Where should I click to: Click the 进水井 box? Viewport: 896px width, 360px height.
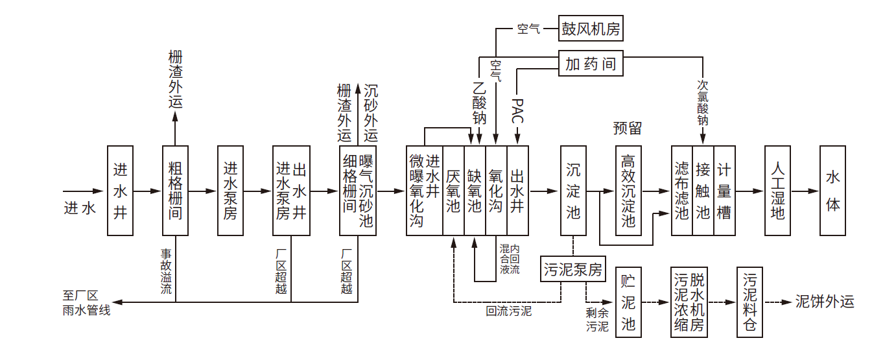(120, 191)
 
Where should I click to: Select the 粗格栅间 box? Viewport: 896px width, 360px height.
(175, 191)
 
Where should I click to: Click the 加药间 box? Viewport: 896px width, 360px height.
(591, 64)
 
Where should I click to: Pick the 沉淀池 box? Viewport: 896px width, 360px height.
(573, 191)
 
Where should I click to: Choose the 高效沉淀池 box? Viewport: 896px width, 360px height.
(628, 191)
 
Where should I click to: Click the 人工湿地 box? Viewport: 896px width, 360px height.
(777, 191)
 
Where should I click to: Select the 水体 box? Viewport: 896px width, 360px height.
(832, 191)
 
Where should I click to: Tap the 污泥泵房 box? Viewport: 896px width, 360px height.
(572, 269)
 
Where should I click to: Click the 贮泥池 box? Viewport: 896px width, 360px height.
(628, 303)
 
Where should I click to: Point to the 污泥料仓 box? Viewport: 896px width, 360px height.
(749, 303)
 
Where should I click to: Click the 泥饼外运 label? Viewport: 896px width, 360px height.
(825, 302)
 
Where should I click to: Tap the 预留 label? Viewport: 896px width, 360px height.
(627, 128)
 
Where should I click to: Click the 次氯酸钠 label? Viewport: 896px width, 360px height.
(703, 102)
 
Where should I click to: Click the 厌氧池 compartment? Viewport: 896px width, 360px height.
(453, 191)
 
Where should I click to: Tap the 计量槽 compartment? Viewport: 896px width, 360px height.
(724, 191)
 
